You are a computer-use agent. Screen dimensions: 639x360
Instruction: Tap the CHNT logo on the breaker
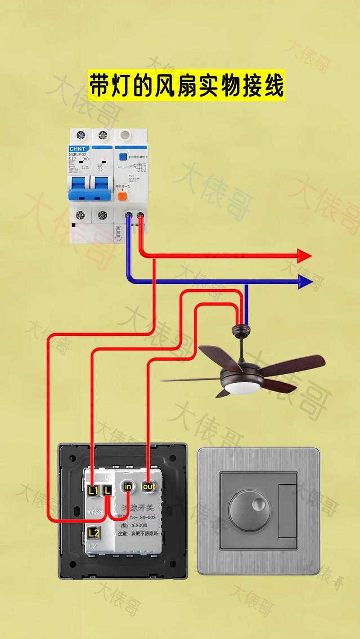click(x=80, y=148)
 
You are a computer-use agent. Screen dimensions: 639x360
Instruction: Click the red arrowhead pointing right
click(x=305, y=256)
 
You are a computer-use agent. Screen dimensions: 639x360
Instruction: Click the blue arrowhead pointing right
click(x=305, y=282)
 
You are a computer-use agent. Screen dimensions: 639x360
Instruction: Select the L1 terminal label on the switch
click(x=94, y=491)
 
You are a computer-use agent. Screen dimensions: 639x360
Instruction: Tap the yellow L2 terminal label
click(x=94, y=533)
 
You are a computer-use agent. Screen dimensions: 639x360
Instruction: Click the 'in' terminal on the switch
click(x=128, y=487)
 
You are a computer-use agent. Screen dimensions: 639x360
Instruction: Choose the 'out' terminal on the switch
click(x=148, y=486)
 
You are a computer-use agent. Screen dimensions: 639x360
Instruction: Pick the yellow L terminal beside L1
click(x=107, y=491)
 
